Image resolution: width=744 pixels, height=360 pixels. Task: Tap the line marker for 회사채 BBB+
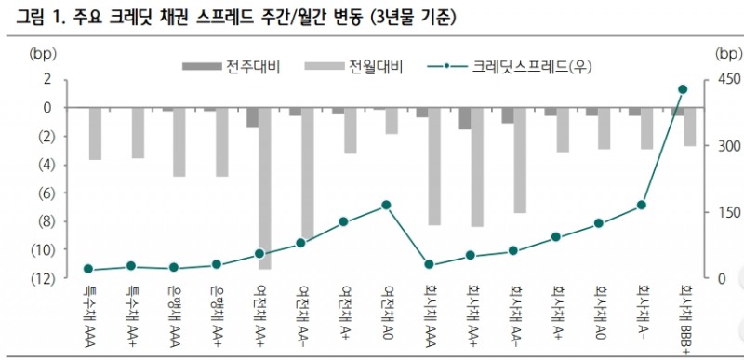(x=683, y=89)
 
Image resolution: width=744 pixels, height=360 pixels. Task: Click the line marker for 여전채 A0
(x=386, y=205)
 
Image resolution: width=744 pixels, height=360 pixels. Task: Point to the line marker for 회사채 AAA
(x=429, y=264)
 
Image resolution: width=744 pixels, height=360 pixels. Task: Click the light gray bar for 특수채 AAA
(x=95, y=133)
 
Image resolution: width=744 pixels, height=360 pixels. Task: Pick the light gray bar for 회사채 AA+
(x=477, y=167)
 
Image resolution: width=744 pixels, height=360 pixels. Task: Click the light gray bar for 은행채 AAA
(x=179, y=141)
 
